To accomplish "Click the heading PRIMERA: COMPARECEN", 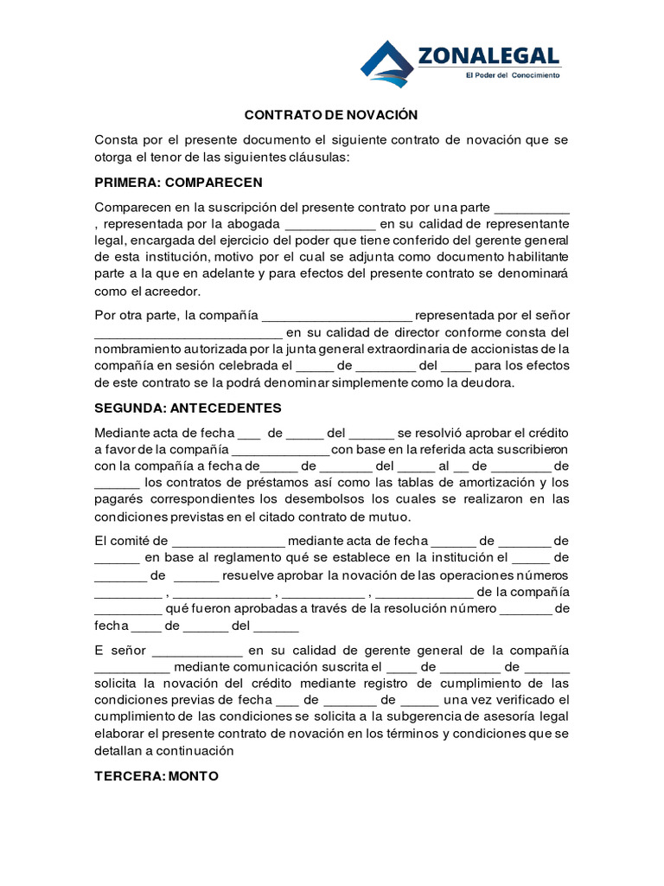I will (x=178, y=183).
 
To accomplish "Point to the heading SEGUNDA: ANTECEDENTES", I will (x=188, y=408).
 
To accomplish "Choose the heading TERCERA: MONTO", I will (x=156, y=776).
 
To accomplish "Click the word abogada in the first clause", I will (x=252, y=224).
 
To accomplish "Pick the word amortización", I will (x=487, y=482).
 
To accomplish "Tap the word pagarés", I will (x=118, y=498).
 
